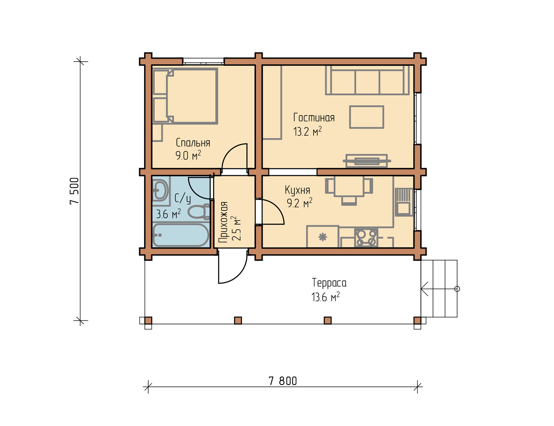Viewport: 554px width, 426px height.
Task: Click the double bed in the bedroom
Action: [x=185, y=96]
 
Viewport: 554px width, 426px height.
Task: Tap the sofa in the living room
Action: [x=367, y=80]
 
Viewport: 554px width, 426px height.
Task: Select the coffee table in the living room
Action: [x=367, y=117]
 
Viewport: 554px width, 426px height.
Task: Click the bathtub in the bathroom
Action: [x=181, y=235]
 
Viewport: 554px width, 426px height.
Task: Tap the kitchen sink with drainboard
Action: [x=404, y=202]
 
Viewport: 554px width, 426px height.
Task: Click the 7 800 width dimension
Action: [x=283, y=381]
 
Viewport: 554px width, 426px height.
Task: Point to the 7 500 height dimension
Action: [x=75, y=191]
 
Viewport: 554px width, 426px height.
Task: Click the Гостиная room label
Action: [x=314, y=118]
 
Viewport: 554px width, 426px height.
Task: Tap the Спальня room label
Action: [x=193, y=143]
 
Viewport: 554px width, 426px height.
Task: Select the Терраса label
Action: [x=329, y=283]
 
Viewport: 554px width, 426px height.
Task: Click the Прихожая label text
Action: [x=224, y=222]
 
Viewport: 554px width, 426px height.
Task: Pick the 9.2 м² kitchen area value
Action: [x=299, y=203]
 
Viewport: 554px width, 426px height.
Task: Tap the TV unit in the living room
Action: [x=367, y=161]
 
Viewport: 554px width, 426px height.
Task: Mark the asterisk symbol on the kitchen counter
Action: [x=323, y=237]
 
